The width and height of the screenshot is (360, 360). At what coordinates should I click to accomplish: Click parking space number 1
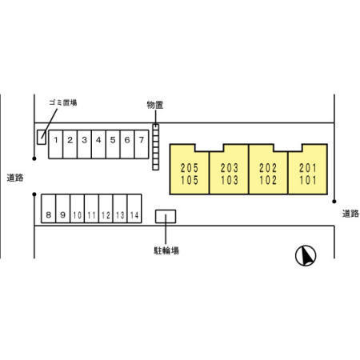click(x=56, y=144)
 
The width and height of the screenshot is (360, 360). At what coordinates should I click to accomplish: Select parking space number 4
click(x=98, y=144)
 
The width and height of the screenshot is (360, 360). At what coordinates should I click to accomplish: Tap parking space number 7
click(x=142, y=144)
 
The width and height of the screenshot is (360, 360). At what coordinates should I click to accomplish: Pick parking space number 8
click(x=49, y=209)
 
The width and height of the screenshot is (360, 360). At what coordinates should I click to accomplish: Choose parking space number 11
click(x=91, y=209)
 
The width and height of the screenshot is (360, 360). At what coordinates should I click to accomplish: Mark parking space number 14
click(x=134, y=209)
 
